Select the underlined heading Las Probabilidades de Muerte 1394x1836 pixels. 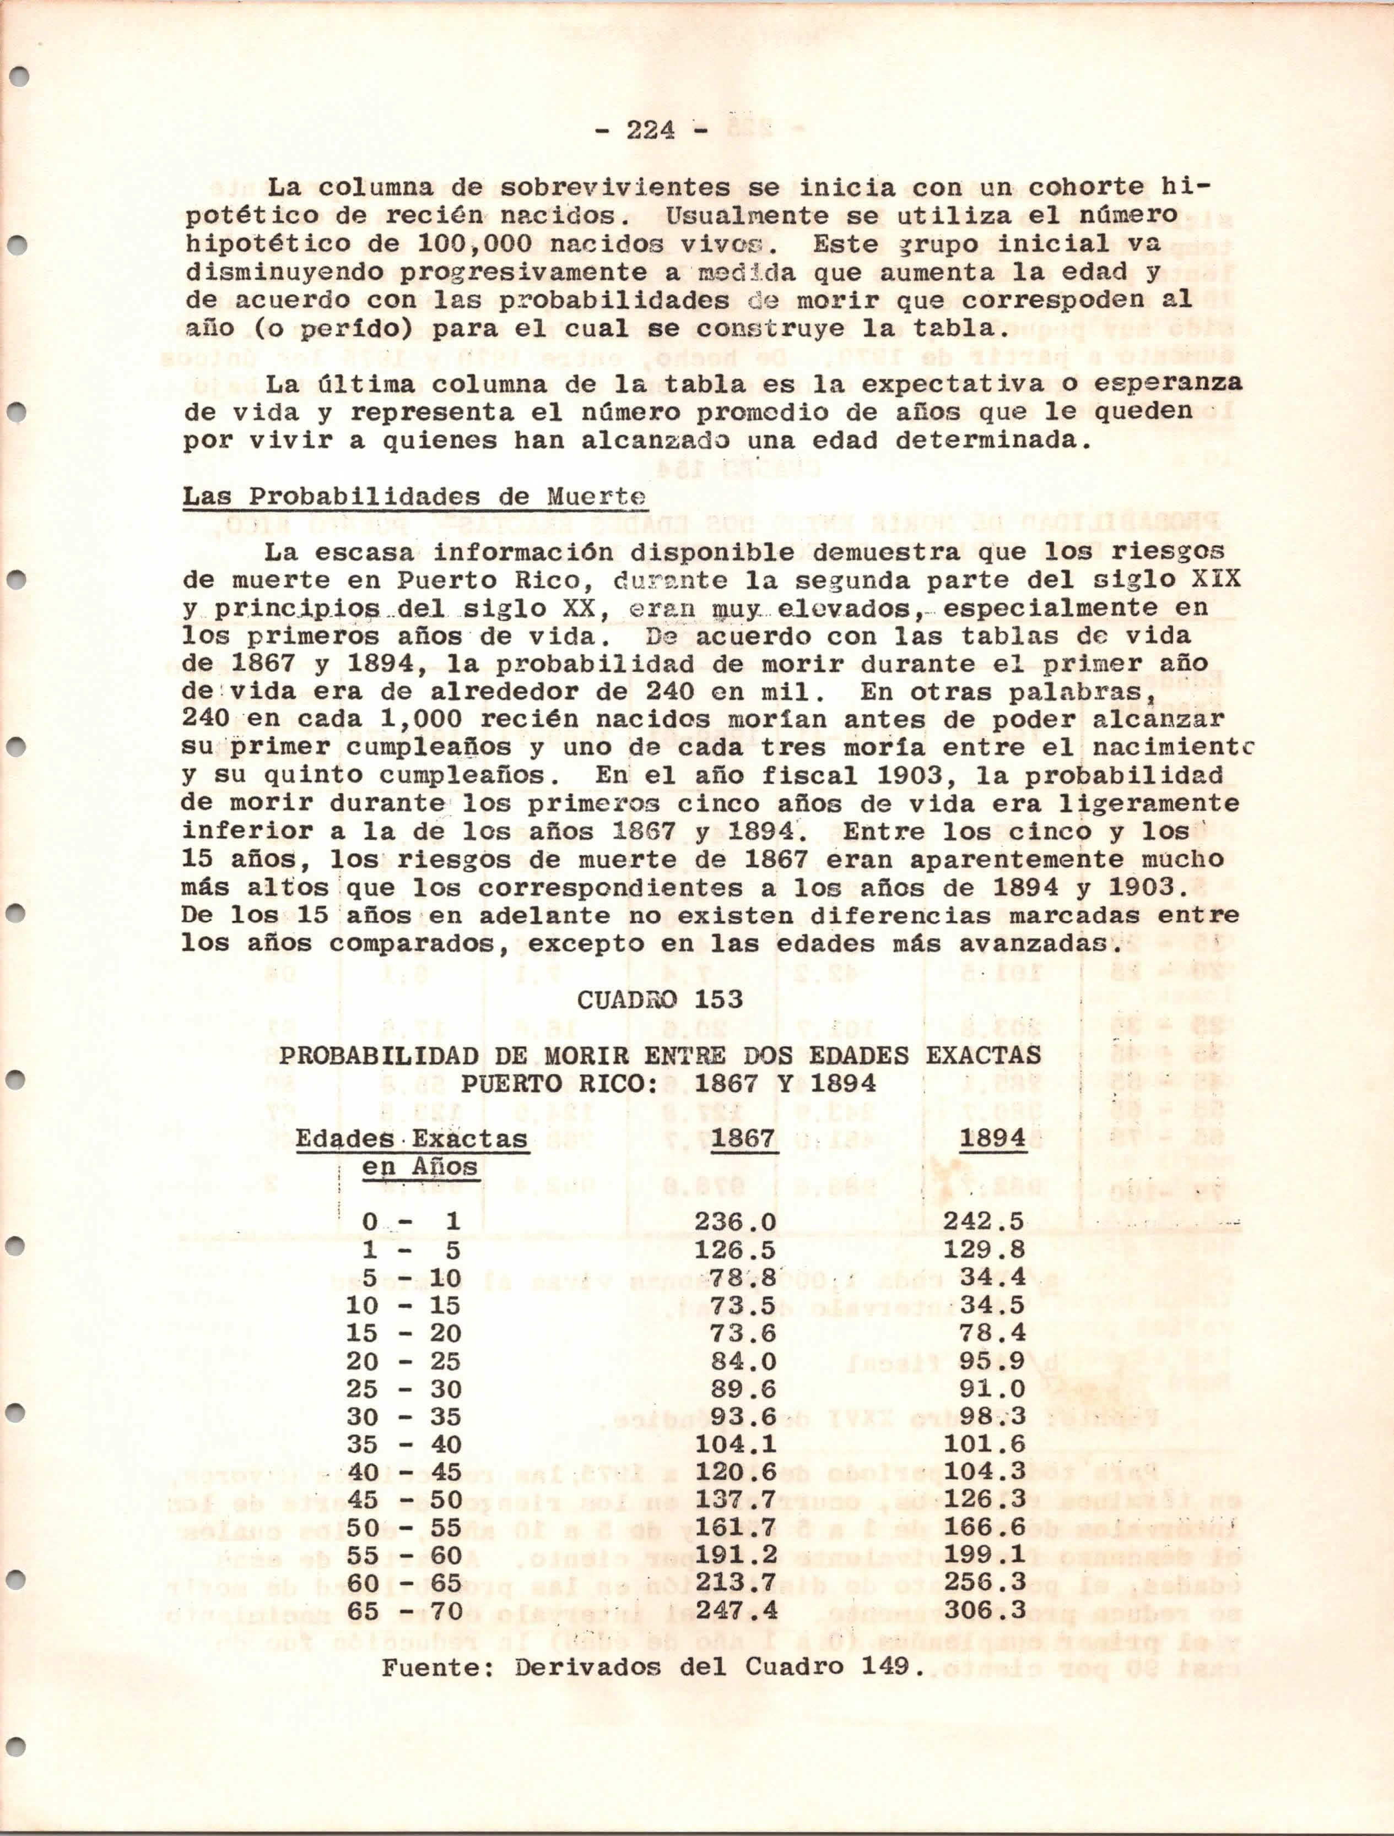coord(413,497)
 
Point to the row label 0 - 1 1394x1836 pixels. coord(411,1222)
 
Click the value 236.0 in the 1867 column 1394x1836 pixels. coord(735,1222)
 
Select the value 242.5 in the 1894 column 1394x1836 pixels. coord(984,1222)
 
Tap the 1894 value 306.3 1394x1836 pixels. coord(984,1611)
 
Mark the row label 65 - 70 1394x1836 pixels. coord(404,1611)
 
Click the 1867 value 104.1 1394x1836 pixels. coord(735,1444)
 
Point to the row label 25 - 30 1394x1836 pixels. coord(404,1389)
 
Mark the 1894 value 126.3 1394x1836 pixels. coord(984,1500)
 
